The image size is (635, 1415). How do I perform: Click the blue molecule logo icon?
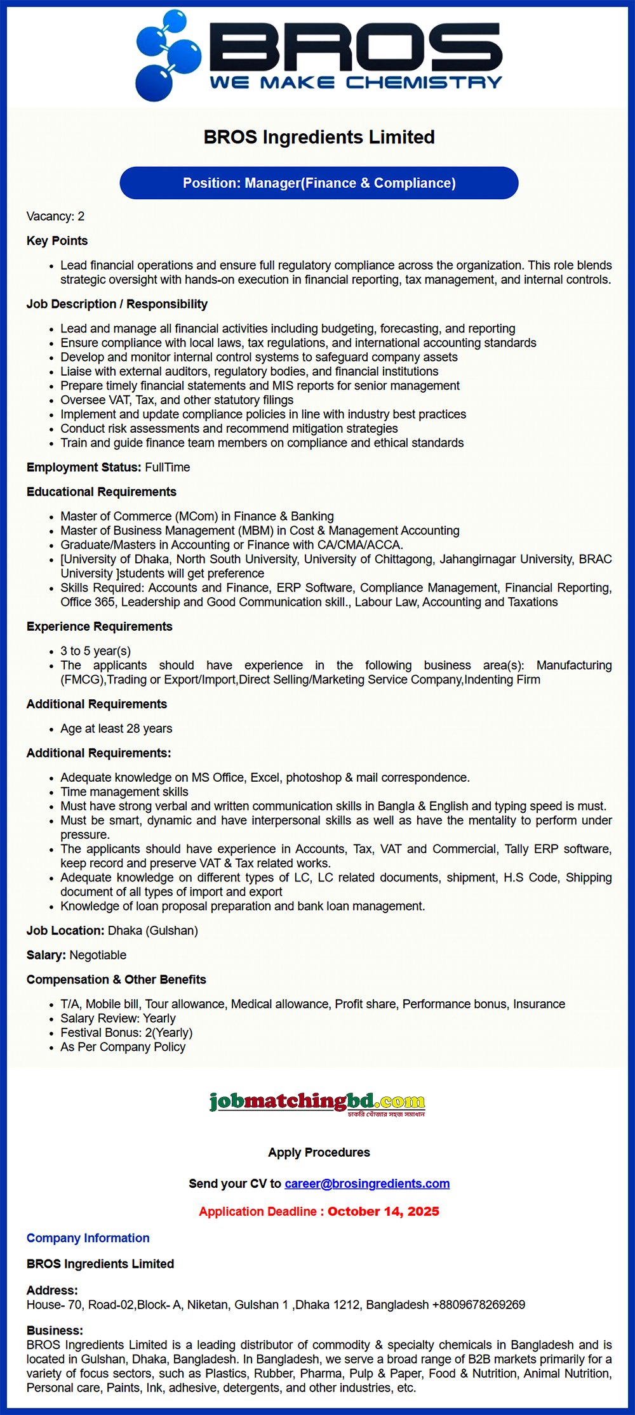(x=167, y=56)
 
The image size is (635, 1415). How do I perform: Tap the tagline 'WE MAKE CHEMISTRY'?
(x=355, y=82)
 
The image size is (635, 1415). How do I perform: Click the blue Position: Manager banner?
(x=319, y=183)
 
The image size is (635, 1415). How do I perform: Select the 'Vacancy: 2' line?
(x=55, y=216)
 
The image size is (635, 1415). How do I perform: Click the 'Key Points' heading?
(x=57, y=241)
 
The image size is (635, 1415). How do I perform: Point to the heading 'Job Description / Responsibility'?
(x=117, y=305)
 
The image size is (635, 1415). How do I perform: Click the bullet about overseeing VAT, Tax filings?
(x=177, y=400)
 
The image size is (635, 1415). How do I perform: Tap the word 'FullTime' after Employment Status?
(x=168, y=468)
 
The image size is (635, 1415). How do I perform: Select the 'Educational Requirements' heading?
(x=102, y=492)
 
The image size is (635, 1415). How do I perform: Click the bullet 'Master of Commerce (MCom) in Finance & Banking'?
(x=197, y=517)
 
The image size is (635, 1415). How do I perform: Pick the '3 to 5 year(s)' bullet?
(x=95, y=651)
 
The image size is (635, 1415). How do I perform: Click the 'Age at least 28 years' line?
(x=116, y=729)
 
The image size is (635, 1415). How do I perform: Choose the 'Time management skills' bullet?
(x=124, y=792)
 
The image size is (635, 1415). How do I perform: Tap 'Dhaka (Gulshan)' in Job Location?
(x=153, y=931)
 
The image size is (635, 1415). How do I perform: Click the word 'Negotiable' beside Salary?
(x=98, y=956)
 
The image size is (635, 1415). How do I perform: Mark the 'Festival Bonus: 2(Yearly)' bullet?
(x=126, y=1033)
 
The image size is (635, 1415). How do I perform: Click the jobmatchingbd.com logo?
(x=317, y=1103)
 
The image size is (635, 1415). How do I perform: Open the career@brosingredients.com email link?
(x=367, y=1184)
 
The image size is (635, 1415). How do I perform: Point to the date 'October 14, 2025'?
(x=384, y=1212)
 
